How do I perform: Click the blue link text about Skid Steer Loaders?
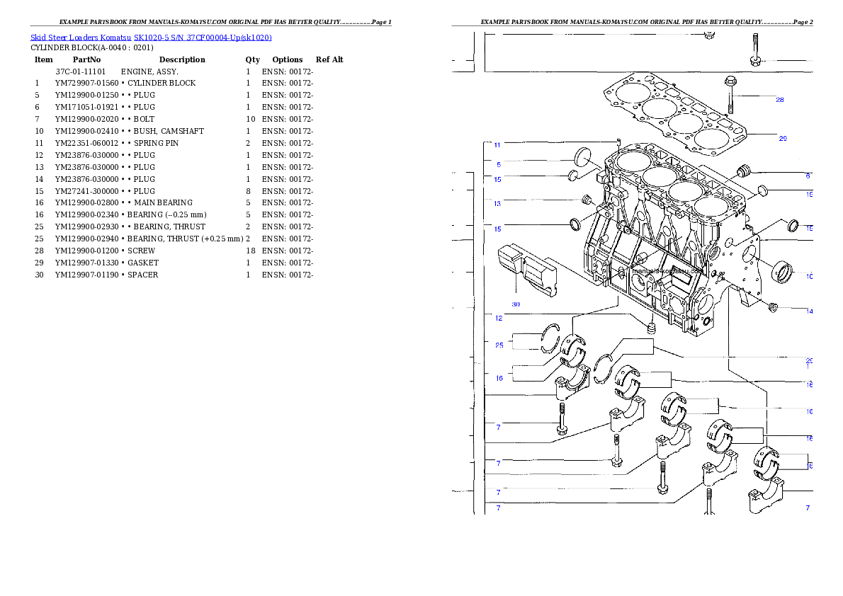tap(151, 38)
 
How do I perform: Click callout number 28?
tap(779, 100)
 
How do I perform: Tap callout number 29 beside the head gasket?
tap(782, 139)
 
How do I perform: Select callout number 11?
tap(497, 145)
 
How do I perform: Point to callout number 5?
tap(498, 164)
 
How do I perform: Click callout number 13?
tap(497, 204)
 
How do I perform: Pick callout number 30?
tap(516, 304)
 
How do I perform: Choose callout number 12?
tap(499, 318)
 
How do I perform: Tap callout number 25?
tap(499, 345)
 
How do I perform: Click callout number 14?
tap(810, 311)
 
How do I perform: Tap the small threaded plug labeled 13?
tap(586, 200)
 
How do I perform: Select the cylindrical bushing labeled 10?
tap(784, 270)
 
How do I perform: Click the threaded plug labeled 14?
tap(773, 306)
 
